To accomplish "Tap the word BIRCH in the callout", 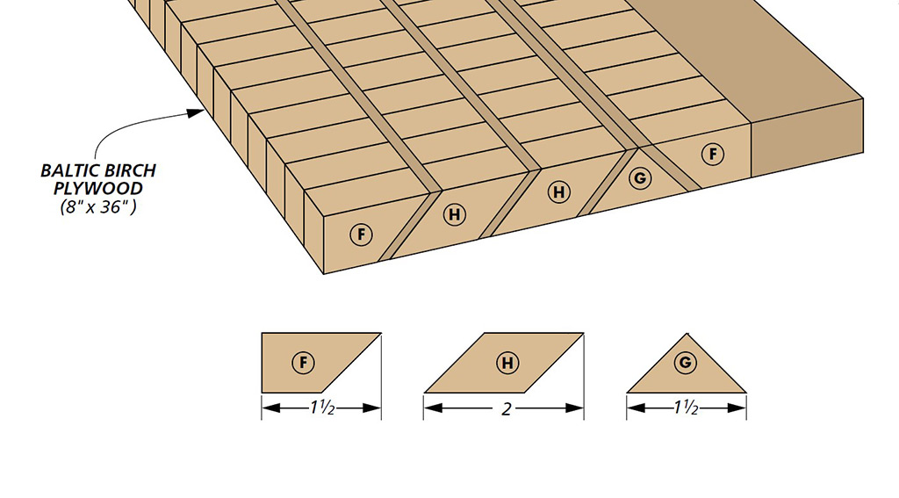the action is (x=128, y=170).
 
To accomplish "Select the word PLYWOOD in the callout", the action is (x=98, y=188).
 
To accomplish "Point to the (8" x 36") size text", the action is (x=98, y=206).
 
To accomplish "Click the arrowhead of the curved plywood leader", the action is (x=196, y=112).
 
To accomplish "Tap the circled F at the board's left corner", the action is (x=361, y=235).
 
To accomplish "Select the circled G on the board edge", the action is (x=640, y=178).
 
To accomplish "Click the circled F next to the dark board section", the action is (x=713, y=154).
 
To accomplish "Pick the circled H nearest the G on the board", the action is (x=558, y=191).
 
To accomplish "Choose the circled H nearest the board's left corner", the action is (x=455, y=214).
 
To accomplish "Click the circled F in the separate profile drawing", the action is (x=303, y=363).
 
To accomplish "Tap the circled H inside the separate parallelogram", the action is (x=507, y=363).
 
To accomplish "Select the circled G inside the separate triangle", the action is (x=685, y=363).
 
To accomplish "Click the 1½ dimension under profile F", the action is (x=322, y=408).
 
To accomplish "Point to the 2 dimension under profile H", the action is (x=507, y=409).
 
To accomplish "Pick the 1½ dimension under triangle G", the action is (x=686, y=408).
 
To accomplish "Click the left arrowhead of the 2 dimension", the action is (x=434, y=408).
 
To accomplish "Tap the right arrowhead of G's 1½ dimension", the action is (x=737, y=408).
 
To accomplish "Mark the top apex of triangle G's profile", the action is (x=687, y=334).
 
